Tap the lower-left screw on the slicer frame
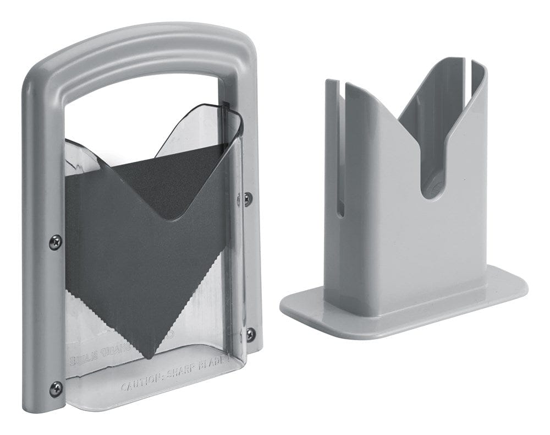tap(56, 388)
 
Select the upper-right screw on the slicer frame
tap(248, 199)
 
